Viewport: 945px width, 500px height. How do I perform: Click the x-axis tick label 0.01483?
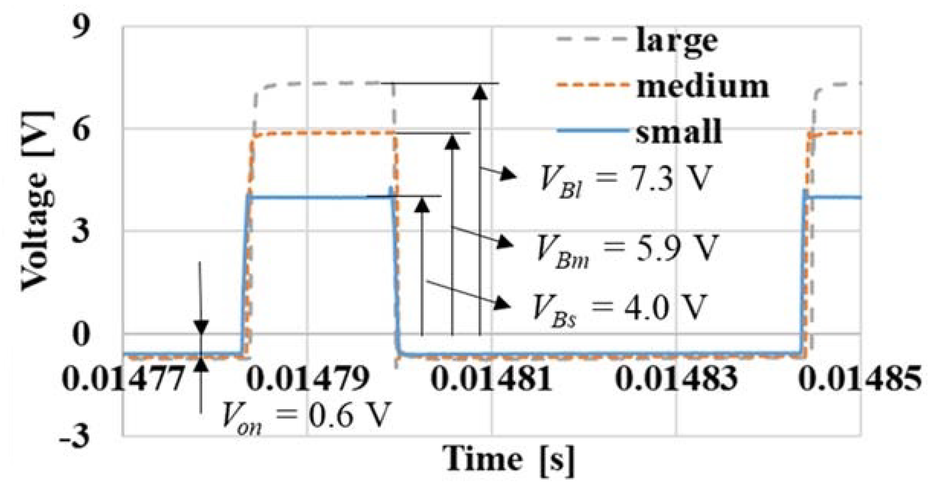tap(676, 380)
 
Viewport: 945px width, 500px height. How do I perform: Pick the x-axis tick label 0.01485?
tap(860, 380)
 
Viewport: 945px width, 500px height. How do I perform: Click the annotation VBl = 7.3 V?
tap(624, 180)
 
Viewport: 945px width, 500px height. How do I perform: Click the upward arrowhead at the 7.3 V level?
tap(480, 93)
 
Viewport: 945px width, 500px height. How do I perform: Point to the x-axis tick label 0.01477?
tap(123, 380)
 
